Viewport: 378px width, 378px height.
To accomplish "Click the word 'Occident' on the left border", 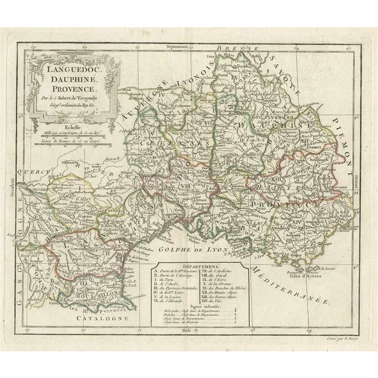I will pyautogui.click(x=11, y=192).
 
